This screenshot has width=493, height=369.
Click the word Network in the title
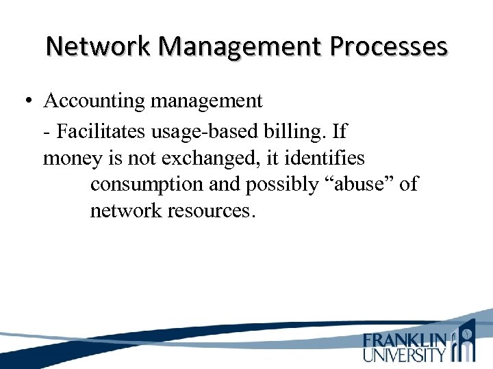point(99,46)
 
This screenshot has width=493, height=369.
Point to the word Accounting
point(94,101)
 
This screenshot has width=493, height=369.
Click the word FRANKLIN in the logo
point(405,340)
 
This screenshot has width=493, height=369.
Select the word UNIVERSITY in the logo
point(405,354)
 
